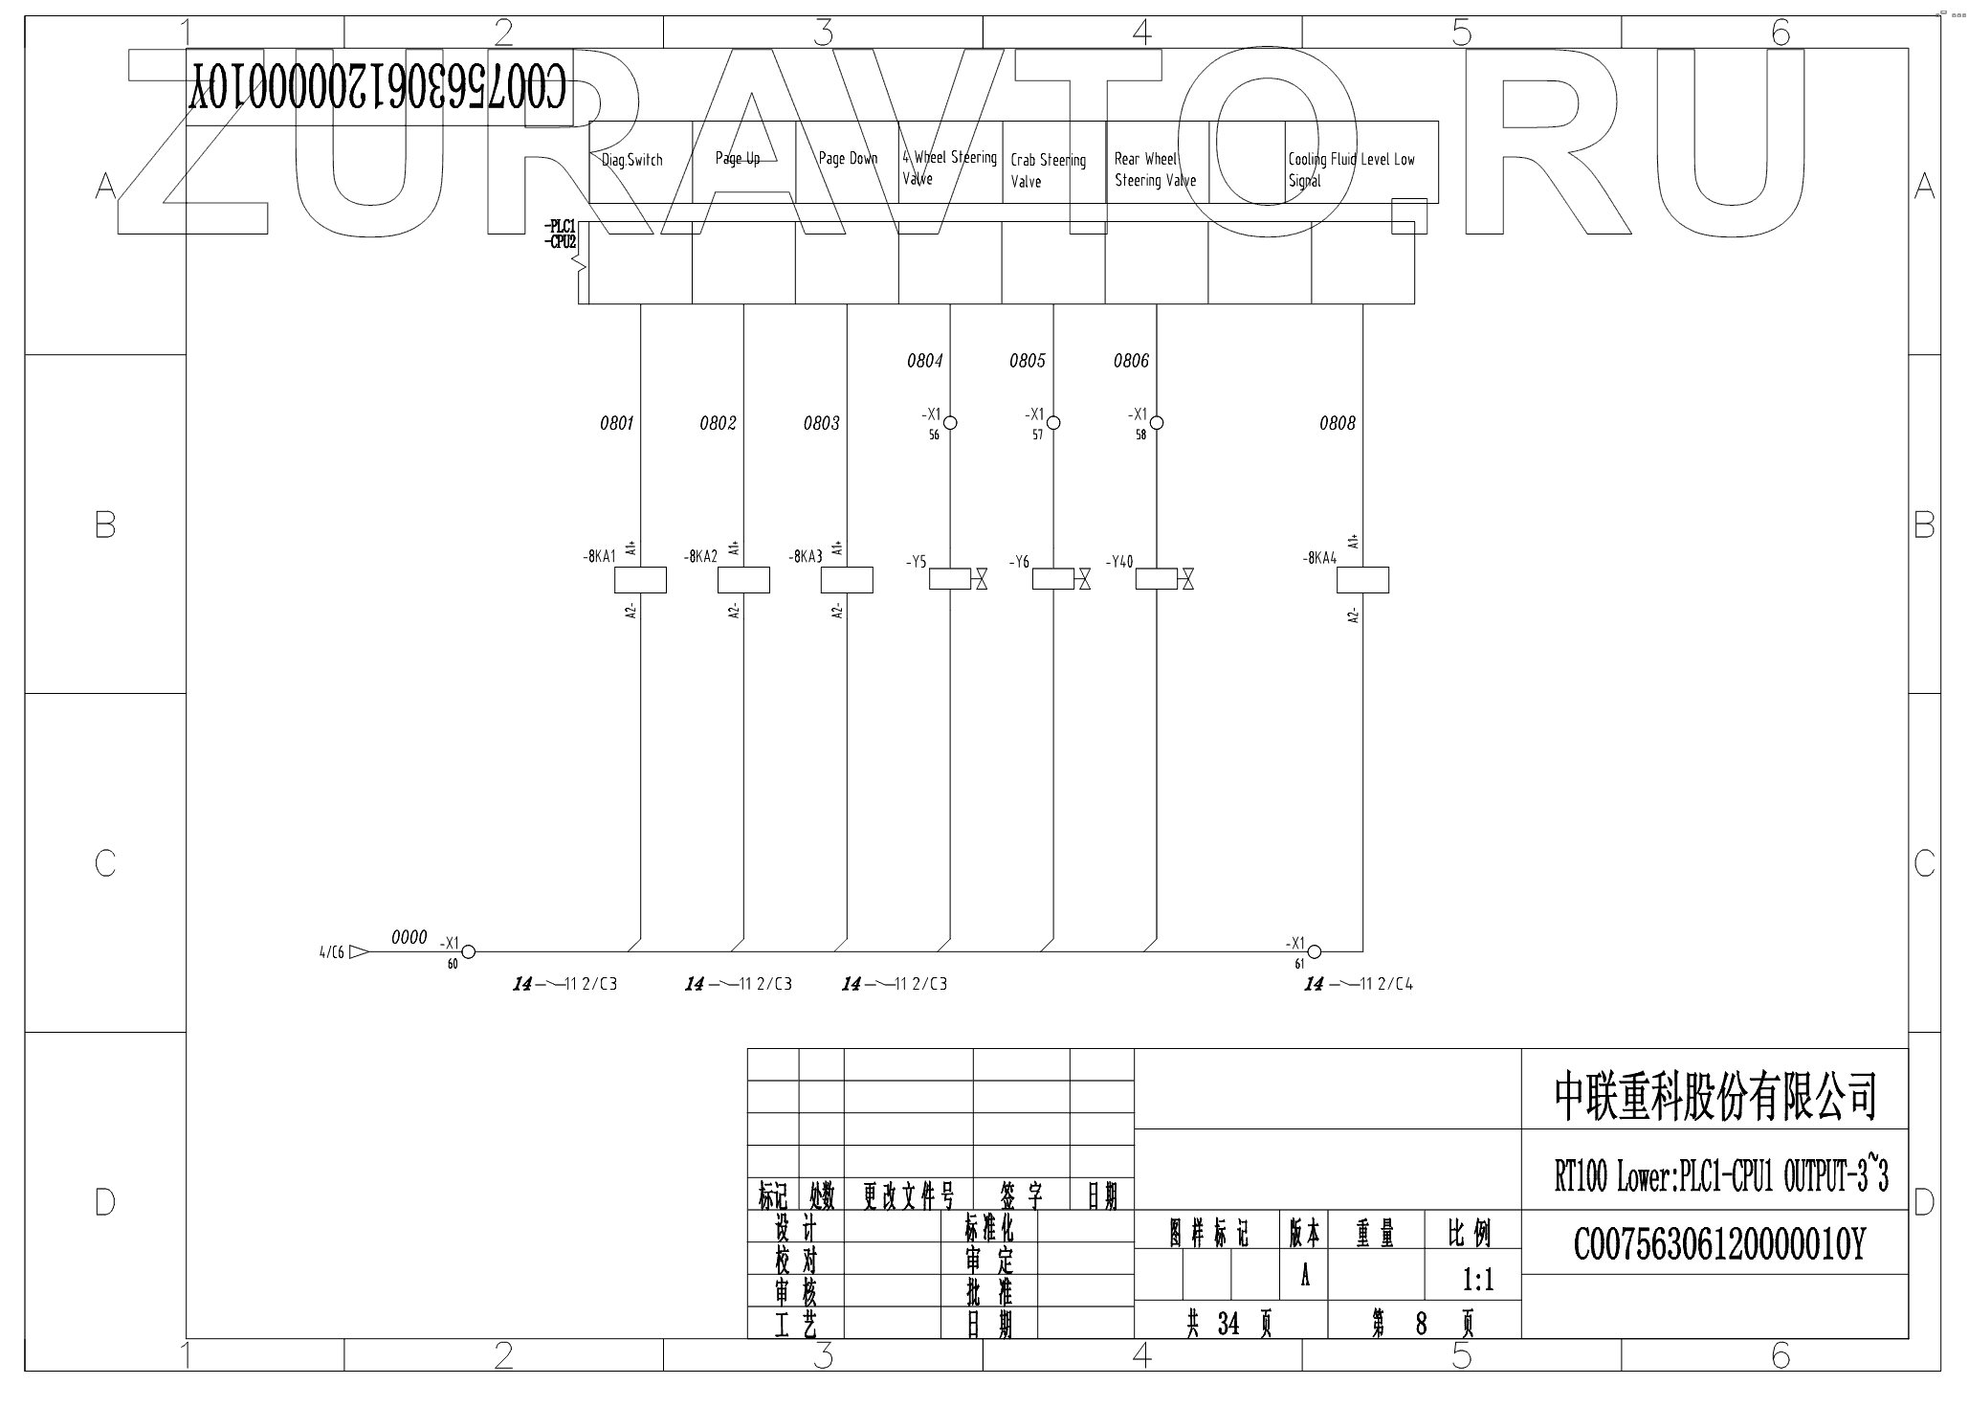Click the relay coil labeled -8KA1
639,580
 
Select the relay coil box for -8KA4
1362,580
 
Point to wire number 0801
617,423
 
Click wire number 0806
1131,361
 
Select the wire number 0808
1338,423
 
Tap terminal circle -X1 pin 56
950,422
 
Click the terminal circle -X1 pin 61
1315,951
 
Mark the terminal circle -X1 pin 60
469,951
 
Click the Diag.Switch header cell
632,161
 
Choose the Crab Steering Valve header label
1048,170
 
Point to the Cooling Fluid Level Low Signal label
1350,169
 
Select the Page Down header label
848,159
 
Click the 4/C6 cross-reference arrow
358,952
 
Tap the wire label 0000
409,938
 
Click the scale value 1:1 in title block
1478,1280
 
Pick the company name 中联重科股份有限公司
1715,1096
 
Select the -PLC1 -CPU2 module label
561,234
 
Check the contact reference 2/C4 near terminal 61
1395,984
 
